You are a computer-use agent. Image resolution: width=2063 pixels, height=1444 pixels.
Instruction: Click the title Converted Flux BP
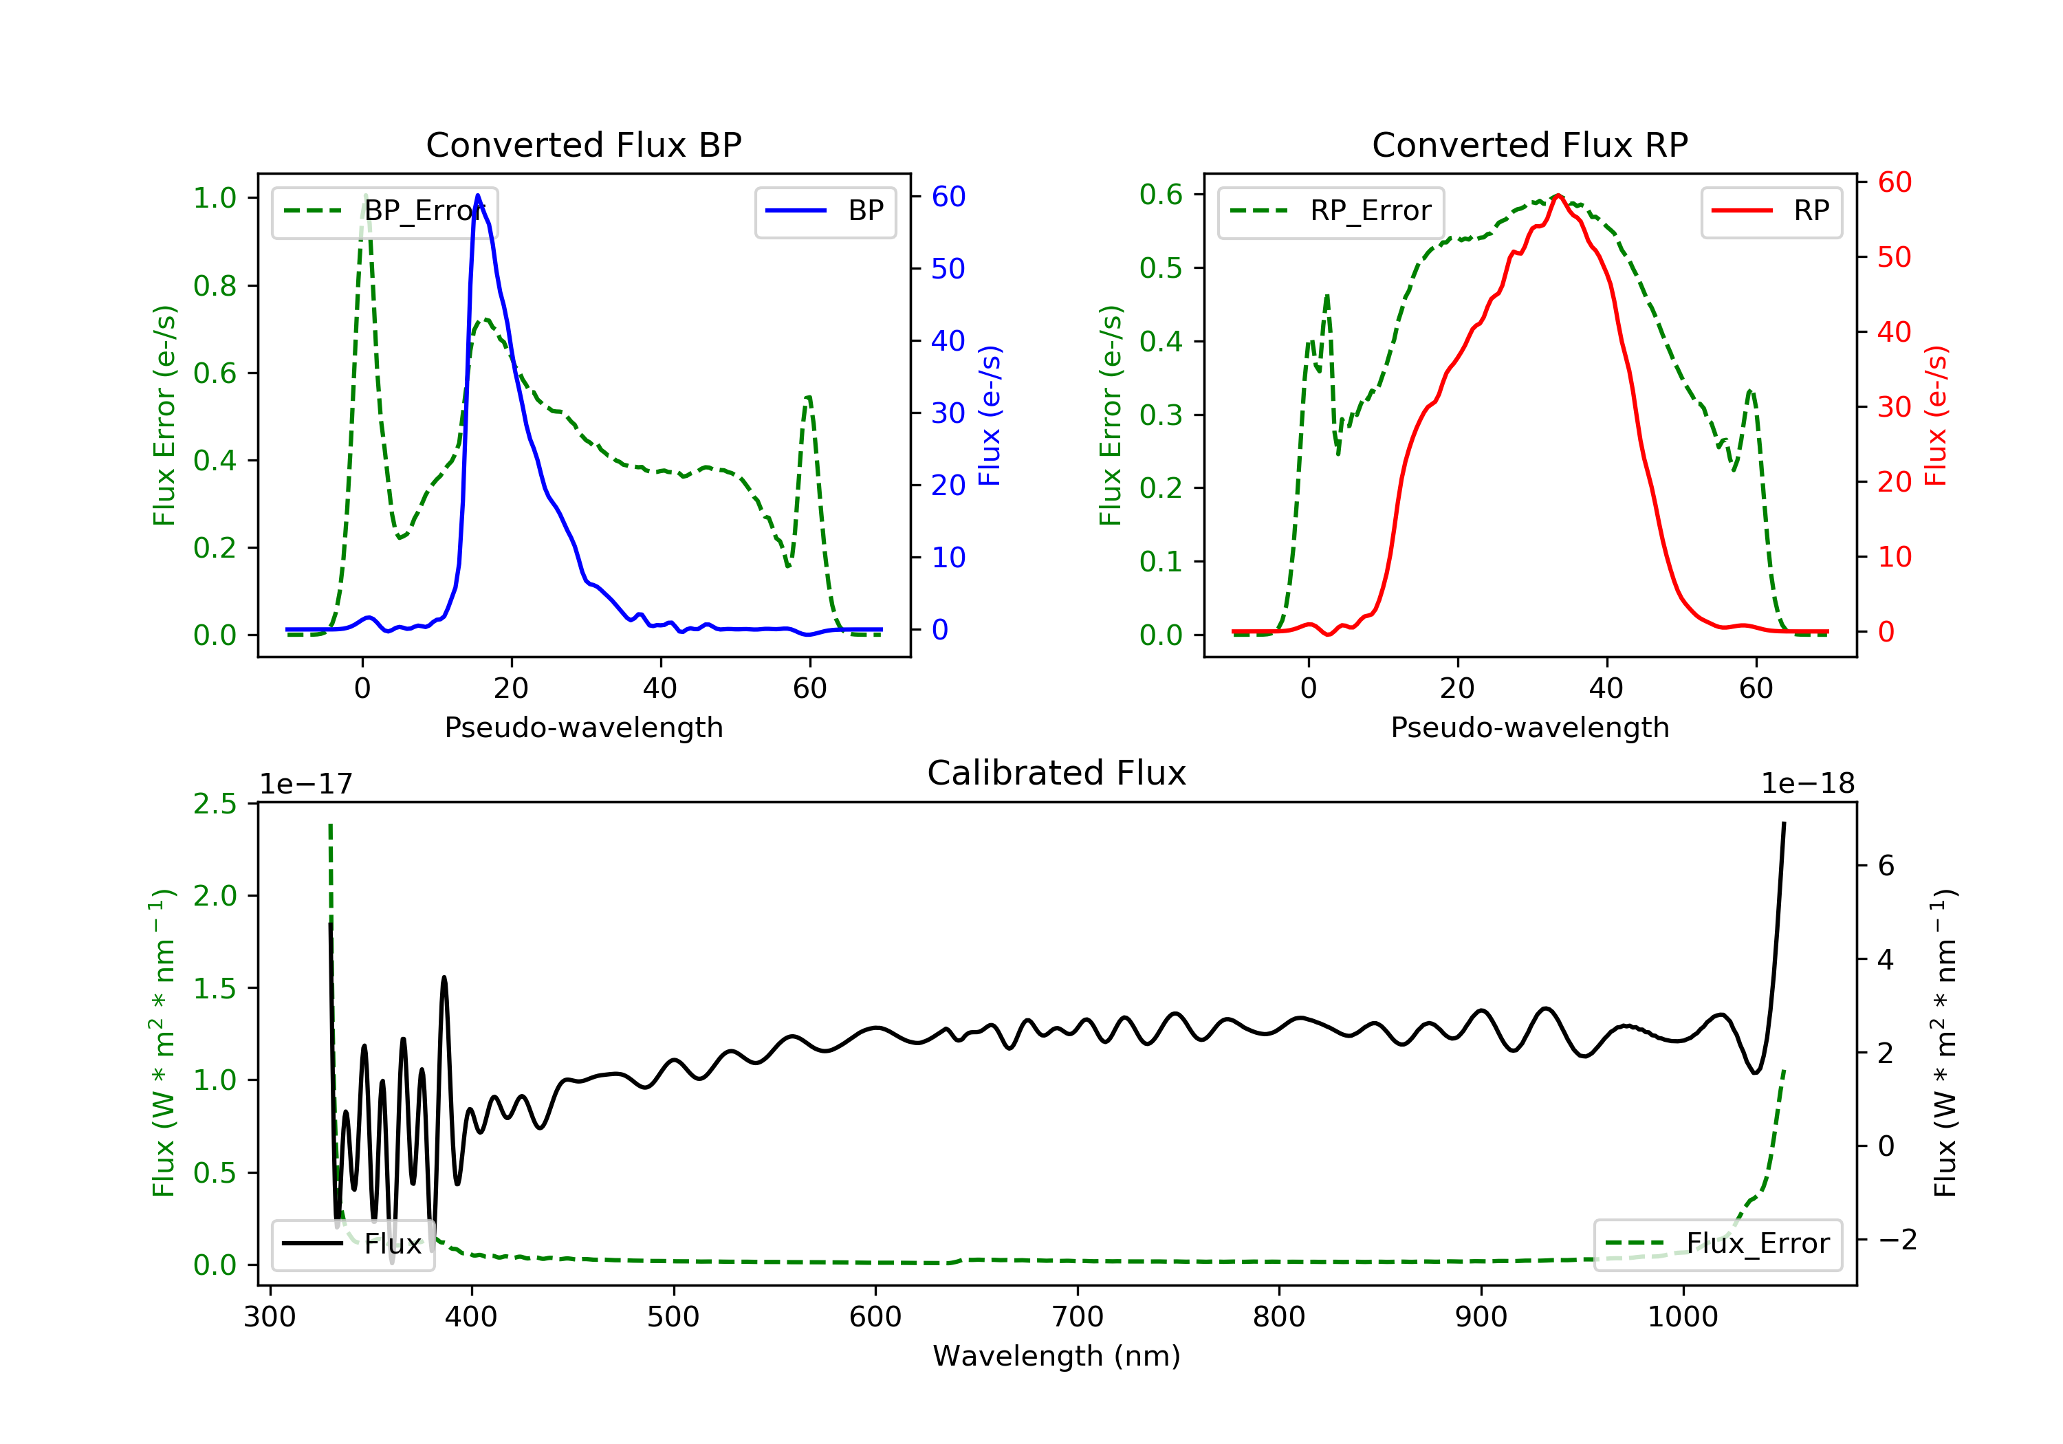coord(584,144)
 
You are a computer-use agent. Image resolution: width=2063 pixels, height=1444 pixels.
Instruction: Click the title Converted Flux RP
coord(1530,144)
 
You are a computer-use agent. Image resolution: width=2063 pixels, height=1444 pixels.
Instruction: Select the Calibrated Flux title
coord(1057,773)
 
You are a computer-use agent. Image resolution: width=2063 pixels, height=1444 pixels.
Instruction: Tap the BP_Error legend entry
coord(384,211)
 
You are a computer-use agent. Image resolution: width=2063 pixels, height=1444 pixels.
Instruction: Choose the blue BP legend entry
coord(825,211)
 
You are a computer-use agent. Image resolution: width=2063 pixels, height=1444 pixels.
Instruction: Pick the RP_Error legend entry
coord(1331,211)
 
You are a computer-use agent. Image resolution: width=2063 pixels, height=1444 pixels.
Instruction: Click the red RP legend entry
coord(1771,211)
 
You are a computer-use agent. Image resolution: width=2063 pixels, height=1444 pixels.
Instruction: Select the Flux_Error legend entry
coord(1718,1244)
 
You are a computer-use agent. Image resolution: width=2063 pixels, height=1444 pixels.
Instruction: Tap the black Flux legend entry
coord(352,1244)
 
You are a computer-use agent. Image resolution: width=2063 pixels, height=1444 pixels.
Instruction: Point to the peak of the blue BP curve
coord(477,195)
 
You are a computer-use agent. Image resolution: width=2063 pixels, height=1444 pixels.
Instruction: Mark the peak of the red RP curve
coord(1558,195)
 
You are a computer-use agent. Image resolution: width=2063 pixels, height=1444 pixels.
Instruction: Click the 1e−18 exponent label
coord(1808,784)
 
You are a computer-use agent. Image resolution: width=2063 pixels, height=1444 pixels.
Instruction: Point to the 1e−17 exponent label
coord(307,784)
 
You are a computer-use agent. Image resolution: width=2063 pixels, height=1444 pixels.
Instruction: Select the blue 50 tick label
coord(948,269)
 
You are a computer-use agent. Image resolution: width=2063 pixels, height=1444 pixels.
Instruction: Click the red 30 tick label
coord(1895,407)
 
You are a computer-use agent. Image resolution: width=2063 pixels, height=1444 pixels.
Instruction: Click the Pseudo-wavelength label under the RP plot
coord(1530,727)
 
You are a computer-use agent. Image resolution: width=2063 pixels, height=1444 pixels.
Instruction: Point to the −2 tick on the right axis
coord(1899,1240)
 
